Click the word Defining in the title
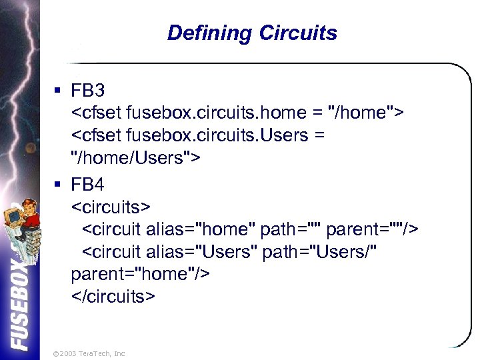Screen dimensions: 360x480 (x=209, y=33)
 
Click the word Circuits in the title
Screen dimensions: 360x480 (x=297, y=33)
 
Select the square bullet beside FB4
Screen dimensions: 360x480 (x=59, y=184)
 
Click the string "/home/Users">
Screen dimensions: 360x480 (x=136, y=159)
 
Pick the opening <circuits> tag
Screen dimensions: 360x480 (x=111, y=206)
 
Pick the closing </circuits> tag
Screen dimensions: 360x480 (x=113, y=297)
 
